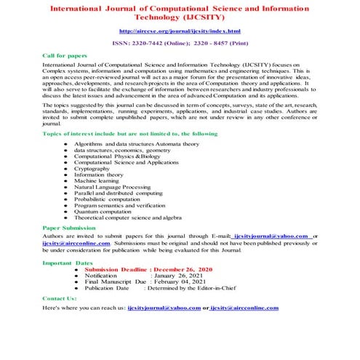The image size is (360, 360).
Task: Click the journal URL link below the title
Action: coord(179,32)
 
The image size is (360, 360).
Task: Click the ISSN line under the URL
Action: coord(179,44)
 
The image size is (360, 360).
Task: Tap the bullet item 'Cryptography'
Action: coord(93,168)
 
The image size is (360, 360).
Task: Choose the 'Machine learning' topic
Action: coord(97,181)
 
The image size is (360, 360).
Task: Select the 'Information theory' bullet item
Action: coord(99,175)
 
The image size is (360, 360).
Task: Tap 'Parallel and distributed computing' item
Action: coord(119,193)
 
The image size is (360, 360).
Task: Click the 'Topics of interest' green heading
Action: coord(120,135)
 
